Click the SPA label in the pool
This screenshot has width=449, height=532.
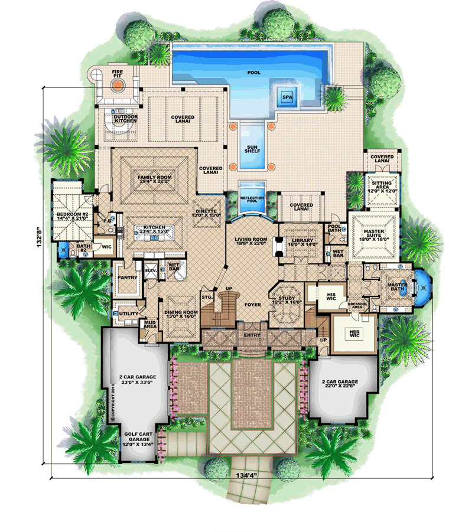tap(287, 96)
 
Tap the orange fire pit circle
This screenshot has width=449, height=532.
tap(119, 85)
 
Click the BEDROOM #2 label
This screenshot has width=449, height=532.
tap(70, 215)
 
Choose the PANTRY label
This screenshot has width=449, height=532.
tap(128, 277)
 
